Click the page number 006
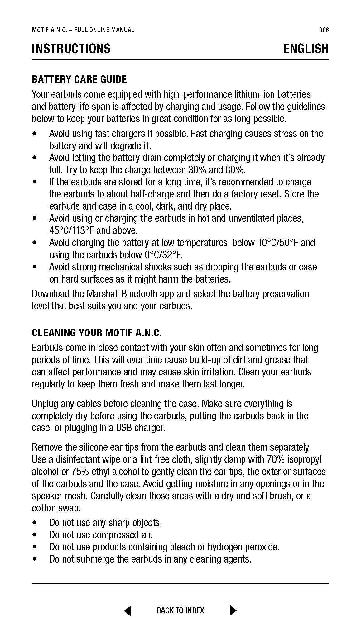click(324, 30)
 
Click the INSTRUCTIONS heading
click(71, 49)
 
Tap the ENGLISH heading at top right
click(306, 49)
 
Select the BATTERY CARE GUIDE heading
click(79, 79)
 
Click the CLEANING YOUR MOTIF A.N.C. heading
click(97, 333)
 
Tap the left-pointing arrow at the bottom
click(128, 610)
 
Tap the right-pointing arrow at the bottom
click(233, 610)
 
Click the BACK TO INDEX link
click(180, 610)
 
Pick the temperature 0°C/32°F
click(163, 255)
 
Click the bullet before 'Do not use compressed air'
click(35, 535)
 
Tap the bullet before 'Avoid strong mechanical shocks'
click(35, 267)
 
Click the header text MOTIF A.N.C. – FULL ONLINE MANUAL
click(83, 30)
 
